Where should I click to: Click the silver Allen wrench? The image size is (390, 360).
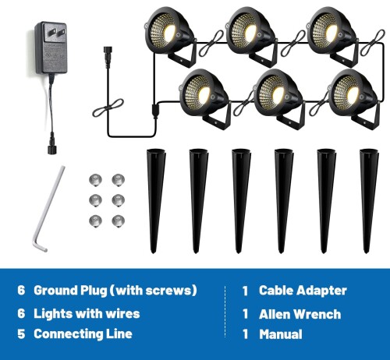point(48,208)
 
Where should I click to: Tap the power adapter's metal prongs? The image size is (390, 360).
point(54,33)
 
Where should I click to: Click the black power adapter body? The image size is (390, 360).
point(51,48)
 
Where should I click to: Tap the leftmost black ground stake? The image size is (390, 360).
point(156,201)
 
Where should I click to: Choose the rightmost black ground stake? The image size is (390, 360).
point(369,201)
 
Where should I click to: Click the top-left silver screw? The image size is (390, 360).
point(95,180)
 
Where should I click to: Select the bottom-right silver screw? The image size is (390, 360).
point(119,221)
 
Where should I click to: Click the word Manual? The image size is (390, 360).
point(281,334)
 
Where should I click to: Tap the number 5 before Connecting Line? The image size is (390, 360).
point(21,334)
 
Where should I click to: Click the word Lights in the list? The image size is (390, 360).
point(54,314)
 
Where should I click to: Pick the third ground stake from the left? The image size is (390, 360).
point(241,201)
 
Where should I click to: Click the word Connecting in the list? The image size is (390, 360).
point(68,334)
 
